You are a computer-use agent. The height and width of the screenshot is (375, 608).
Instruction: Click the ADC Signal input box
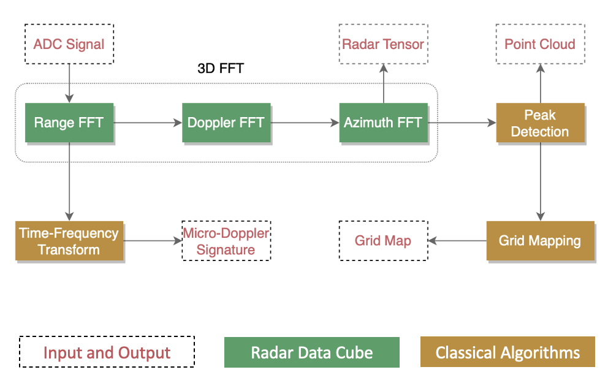[69, 44]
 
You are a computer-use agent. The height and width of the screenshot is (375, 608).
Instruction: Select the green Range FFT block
[69, 123]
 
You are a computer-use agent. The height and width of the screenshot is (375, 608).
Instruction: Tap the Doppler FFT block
[226, 123]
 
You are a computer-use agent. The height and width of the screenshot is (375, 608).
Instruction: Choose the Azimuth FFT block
[383, 123]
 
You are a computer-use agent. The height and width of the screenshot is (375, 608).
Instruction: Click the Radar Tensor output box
[383, 44]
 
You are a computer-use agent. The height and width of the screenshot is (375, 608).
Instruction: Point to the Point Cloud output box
[540, 44]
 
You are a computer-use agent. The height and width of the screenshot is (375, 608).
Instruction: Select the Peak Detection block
[540, 123]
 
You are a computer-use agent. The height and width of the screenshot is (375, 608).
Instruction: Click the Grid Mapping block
[540, 240]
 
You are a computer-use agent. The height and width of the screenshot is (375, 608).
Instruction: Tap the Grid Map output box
[383, 240]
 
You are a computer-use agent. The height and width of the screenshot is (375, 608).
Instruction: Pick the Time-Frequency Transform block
[69, 241]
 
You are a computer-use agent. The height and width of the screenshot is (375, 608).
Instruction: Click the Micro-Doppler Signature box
[226, 241]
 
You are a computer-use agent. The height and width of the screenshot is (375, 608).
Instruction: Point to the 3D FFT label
[220, 68]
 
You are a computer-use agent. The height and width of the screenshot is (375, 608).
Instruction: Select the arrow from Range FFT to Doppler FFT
[148, 123]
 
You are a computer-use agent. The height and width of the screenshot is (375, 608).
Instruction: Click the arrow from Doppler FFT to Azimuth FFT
[305, 123]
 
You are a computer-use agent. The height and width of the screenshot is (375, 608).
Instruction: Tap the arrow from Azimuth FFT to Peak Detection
[462, 123]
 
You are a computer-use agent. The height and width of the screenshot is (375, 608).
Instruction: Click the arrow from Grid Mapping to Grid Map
[457, 241]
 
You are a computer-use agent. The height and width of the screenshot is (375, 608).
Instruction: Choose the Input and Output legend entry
[107, 352]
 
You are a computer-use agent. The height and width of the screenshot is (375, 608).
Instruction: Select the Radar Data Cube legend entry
[311, 352]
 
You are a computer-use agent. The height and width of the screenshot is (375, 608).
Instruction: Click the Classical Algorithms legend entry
[507, 352]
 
